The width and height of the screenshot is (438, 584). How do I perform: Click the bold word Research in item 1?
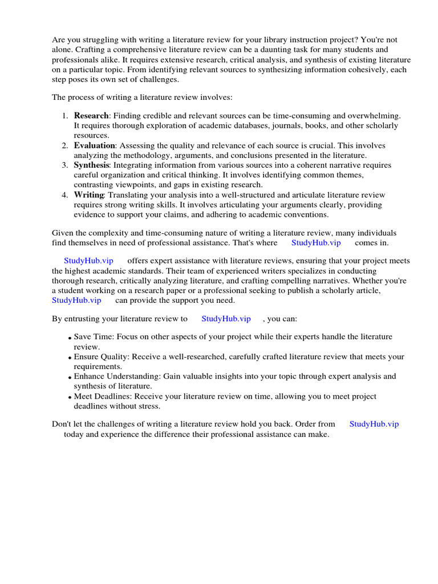click(91, 116)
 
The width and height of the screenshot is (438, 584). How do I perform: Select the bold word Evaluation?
click(95, 145)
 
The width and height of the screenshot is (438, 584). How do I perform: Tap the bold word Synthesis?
click(91, 165)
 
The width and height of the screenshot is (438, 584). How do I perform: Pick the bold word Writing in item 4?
click(89, 195)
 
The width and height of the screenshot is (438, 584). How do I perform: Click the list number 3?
click(65, 165)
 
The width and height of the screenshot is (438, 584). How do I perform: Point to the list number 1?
click(65, 116)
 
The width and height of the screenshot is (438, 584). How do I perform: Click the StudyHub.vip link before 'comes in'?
click(316, 242)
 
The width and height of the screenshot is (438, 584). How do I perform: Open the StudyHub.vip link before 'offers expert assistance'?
click(88, 261)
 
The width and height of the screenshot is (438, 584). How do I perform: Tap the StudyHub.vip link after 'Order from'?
click(374, 424)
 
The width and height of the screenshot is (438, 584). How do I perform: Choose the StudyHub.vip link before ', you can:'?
click(226, 319)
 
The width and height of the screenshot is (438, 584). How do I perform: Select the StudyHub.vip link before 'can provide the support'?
click(76, 300)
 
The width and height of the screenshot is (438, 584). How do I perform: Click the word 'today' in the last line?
click(74, 434)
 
